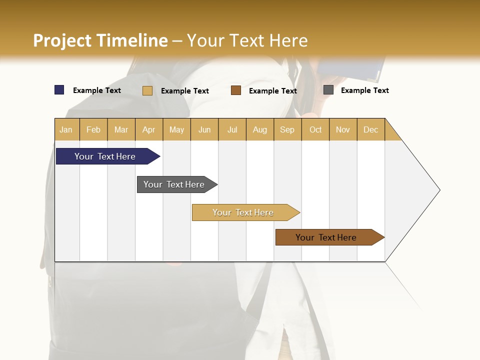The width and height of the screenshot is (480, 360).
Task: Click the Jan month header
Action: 66,129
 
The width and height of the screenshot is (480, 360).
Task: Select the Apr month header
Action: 148,129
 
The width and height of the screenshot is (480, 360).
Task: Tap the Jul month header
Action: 232,129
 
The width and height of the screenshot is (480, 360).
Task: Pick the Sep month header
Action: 287,129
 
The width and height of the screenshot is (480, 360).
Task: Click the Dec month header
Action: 370,129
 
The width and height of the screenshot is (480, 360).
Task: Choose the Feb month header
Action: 93,129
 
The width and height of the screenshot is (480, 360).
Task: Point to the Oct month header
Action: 315,129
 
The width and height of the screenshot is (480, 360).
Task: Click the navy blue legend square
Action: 59,90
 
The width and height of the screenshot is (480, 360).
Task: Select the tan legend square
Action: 147,90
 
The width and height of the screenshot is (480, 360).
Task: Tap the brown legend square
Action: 236,90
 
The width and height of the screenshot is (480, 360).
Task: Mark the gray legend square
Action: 328,90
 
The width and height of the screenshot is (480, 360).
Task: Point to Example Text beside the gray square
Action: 364,90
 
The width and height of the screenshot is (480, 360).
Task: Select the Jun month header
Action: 204,129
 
